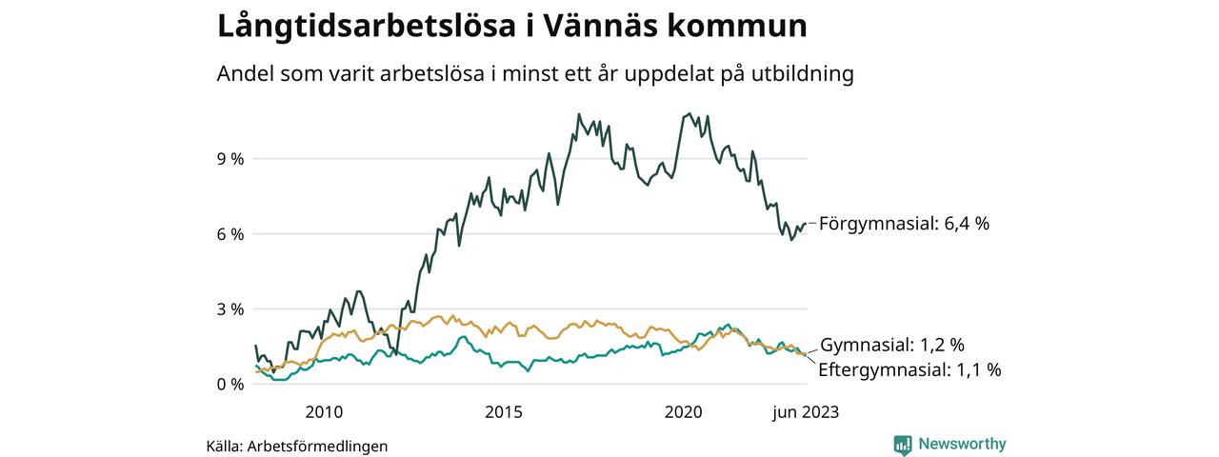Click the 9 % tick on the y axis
(230, 159)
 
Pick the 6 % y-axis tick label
(230, 234)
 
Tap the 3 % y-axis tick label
(230, 309)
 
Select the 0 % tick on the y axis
(230, 385)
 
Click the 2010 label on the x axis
(324, 412)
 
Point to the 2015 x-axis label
(504, 412)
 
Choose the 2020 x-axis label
(684, 412)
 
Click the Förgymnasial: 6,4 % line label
(904, 224)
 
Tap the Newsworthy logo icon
(903, 444)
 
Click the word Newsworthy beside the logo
(962, 444)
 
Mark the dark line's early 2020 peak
(688, 114)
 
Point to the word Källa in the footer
(224, 446)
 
